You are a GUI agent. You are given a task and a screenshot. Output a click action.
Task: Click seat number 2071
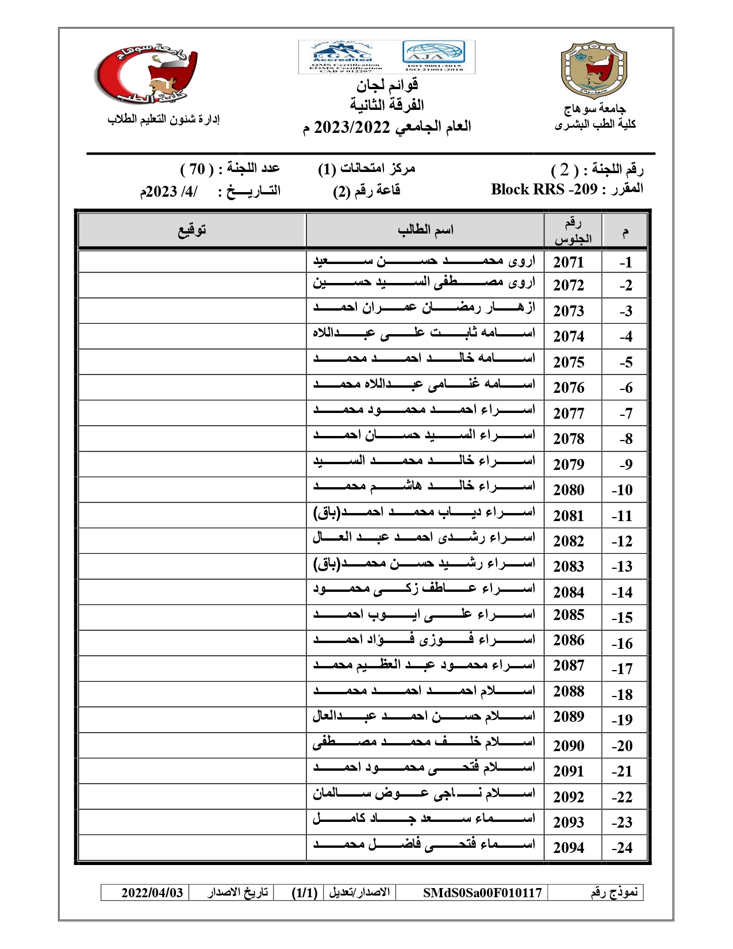coord(569,262)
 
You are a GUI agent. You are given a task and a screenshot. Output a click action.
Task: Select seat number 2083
coord(569,567)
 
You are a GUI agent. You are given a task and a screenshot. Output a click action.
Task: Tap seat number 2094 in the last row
coord(569,847)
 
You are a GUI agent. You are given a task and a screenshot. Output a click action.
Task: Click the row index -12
coord(622,541)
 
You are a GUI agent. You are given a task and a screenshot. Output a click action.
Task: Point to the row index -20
coord(622,746)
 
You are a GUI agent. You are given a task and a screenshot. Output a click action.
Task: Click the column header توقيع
coord(191,230)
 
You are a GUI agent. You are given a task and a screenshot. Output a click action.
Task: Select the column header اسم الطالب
coord(425,230)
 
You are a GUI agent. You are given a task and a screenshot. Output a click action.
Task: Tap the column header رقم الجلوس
coord(573,231)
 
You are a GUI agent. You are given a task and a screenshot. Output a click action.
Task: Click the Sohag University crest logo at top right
coord(594,70)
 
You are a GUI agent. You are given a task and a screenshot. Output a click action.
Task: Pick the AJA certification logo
coord(433,56)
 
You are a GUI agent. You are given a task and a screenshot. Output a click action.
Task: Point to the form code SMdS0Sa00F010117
coord(482,893)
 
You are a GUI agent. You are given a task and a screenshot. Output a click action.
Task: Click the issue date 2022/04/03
coord(152,893)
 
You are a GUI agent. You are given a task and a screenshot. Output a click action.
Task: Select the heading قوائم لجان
coord(387,86)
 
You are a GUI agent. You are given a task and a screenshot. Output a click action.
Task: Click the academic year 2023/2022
coord(352,127)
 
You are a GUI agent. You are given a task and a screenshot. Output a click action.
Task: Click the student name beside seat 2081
coord(424,512)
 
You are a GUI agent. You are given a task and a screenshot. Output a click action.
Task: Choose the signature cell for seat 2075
coord(191,362)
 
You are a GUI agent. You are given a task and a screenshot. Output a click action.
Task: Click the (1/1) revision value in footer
coord(305,893)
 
